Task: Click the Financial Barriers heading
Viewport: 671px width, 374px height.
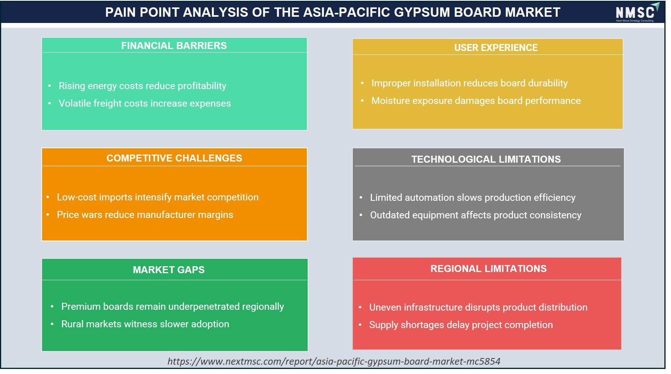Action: tap(174, 46)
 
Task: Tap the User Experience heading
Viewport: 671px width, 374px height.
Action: tap(496, 47)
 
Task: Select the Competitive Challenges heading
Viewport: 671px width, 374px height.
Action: tap(174, 158)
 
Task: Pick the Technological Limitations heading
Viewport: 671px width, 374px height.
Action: tap(486, 159)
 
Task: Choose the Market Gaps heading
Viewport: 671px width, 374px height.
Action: tap(169, 270)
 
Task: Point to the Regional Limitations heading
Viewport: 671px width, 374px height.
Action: tap(488, 269)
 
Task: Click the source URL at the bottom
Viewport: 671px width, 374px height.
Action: tap(334, 361)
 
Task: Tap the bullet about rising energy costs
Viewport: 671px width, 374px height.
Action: tap(143, 86)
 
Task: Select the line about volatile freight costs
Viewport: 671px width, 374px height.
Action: tap(145, 104)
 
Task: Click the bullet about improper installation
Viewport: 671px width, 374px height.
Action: tap(469, 83)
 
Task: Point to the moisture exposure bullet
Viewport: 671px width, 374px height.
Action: tap(476, 101)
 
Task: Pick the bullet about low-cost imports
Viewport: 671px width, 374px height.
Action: tap(158, 197)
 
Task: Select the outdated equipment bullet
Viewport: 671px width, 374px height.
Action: tap(476, 215)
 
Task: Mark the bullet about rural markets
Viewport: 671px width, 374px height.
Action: tap(145, 324)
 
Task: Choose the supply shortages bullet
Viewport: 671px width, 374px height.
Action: tap(461, 325)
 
